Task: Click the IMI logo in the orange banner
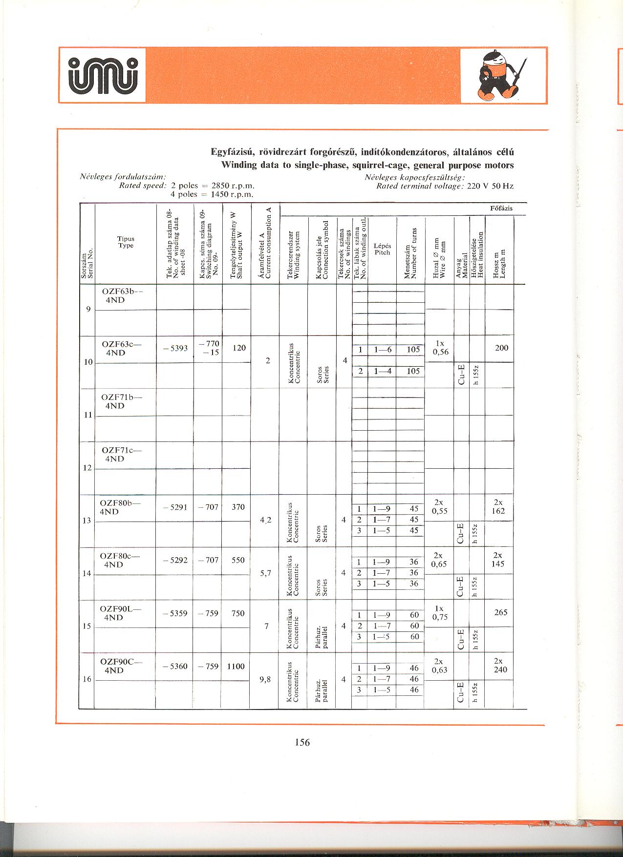pyautogui.click(x=103, y=75)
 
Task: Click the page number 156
pyautogui.click(x=302, y=742)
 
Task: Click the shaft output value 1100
pyautogui.click(x=236, y=666)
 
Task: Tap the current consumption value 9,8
pyautogui.click(x=266, y=679)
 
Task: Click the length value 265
pyautogui.click(x=501, y=612)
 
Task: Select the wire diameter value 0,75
pyautogui.click(x=440, y=617)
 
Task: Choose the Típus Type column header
pyautogui.click(x=126, y=242)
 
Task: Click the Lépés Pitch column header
pyautogui.click(x=382, y=249)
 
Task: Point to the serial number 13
pyautogui.click(x=87, y=521)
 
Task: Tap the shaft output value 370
pyautogui.click(x=238, y=507)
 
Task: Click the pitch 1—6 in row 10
pyautogui.click(x=383, y=350)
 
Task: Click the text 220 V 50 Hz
pyautogui.click(x=491, y=186)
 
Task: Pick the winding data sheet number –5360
pyautogui.click(x=175, y=666)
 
